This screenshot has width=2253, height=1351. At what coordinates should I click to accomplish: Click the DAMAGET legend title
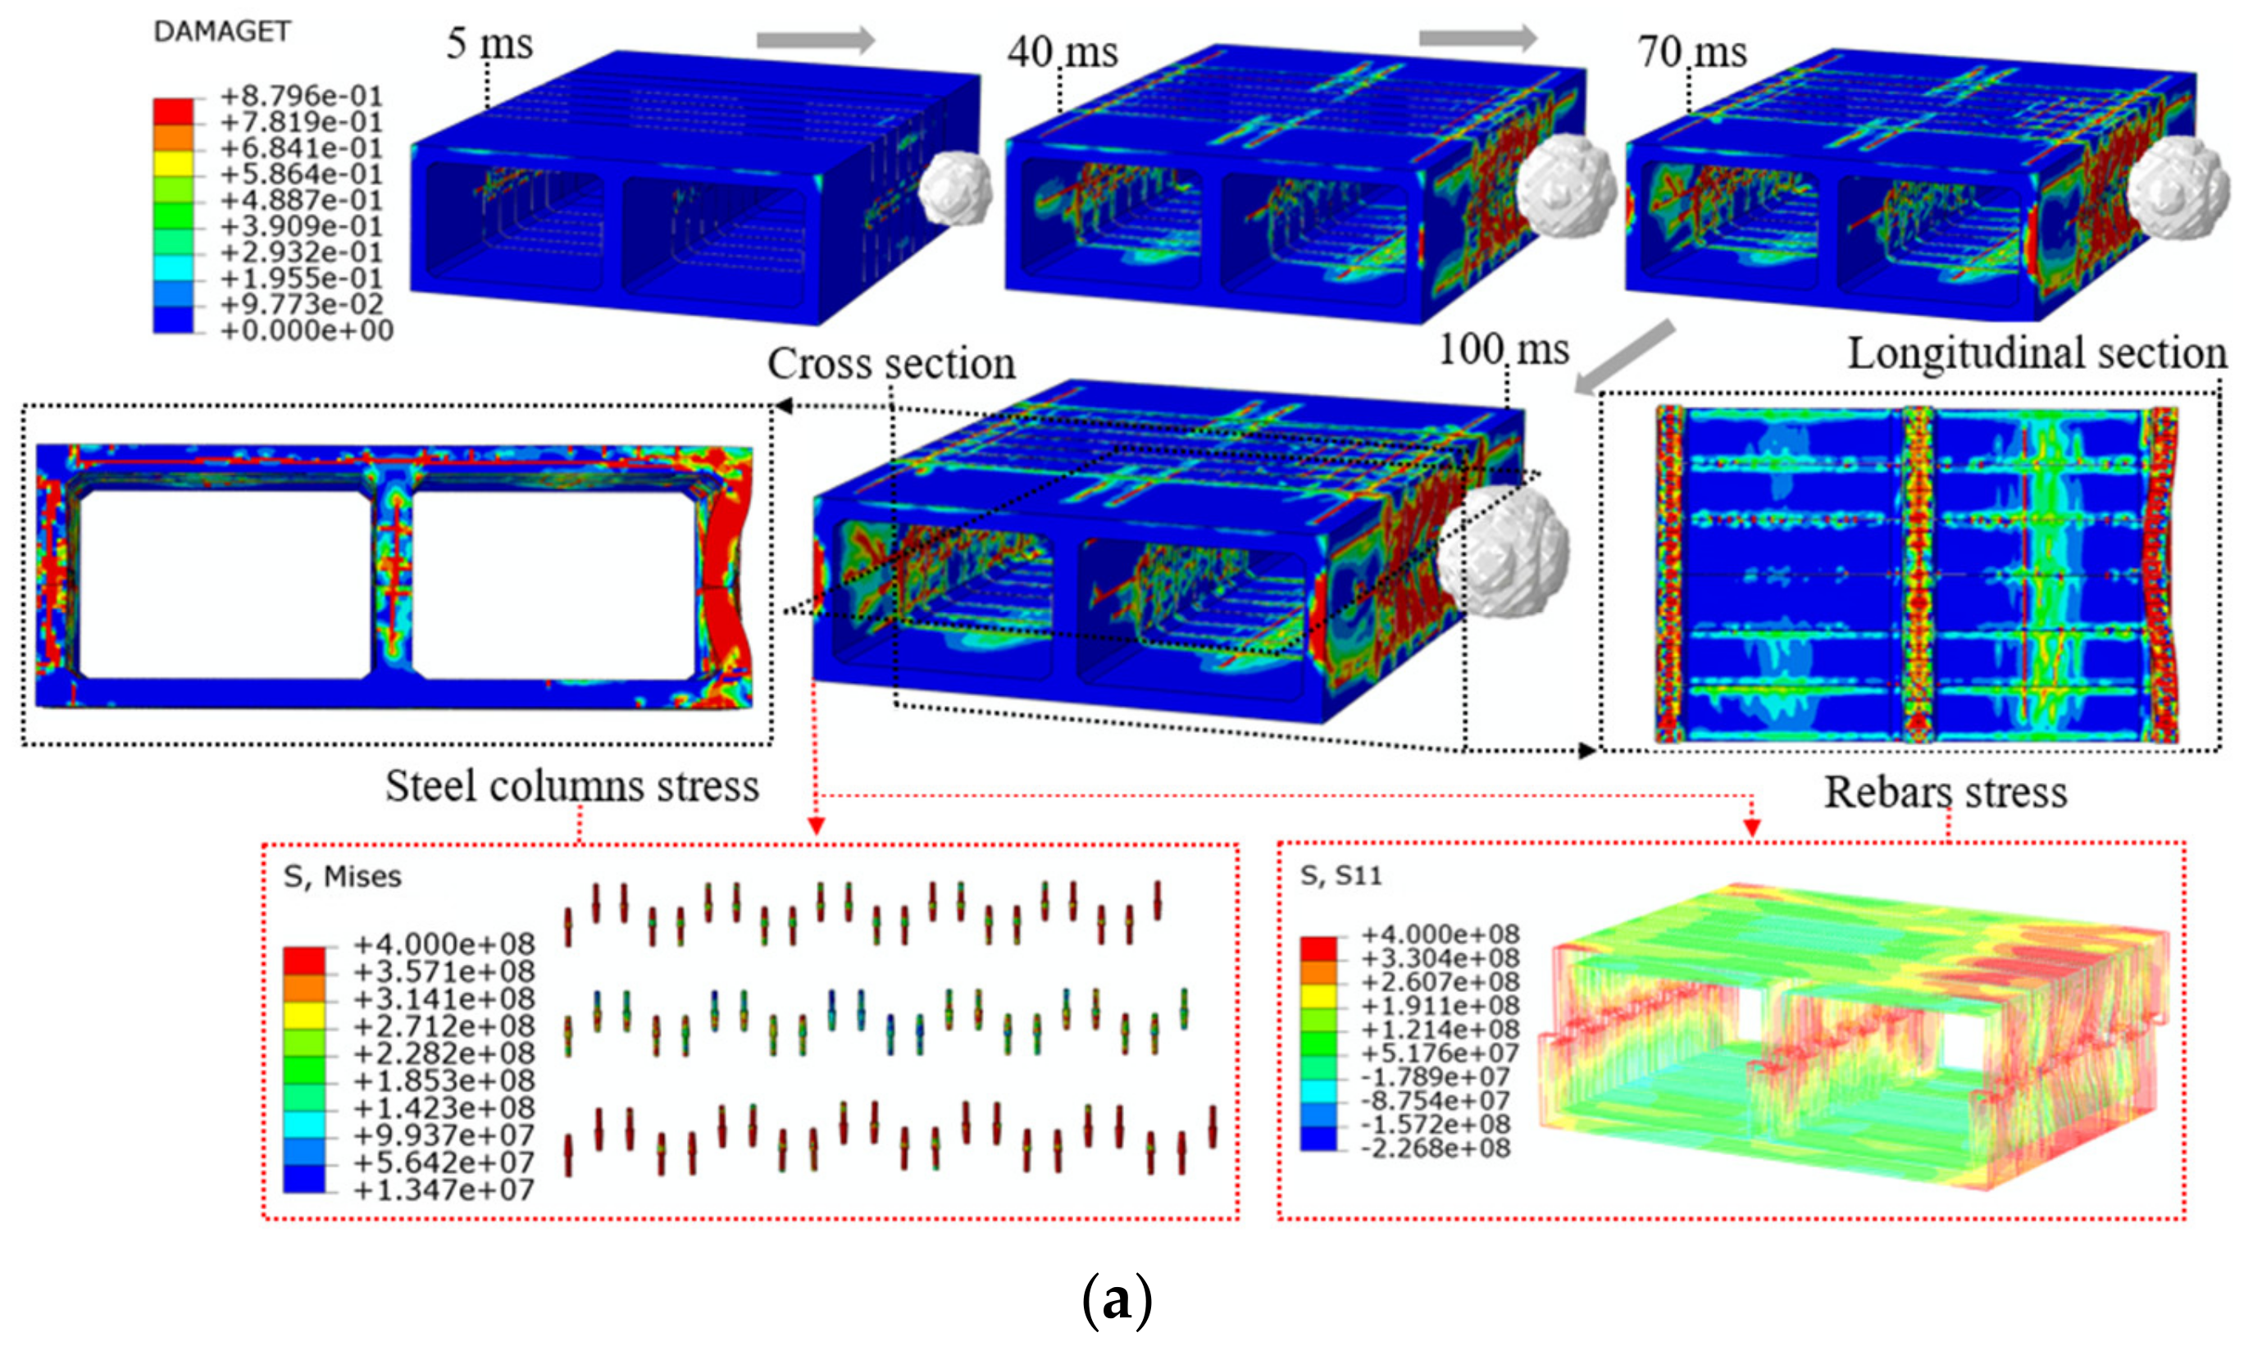tap(222, 32)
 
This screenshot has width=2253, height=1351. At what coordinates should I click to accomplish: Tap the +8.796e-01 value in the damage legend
tap(302, 96)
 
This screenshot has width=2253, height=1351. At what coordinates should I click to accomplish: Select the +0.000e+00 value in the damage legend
tap(307, 330)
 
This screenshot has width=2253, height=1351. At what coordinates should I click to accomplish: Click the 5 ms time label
tap(489, 43)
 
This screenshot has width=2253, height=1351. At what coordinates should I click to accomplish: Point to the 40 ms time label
tap(1063, 51)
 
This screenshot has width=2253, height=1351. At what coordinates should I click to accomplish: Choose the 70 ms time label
tap(1692, 51)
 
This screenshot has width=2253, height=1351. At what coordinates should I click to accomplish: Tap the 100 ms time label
tap(1504, 348)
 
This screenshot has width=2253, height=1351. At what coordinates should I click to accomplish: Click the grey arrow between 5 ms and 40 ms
tap(816, 39)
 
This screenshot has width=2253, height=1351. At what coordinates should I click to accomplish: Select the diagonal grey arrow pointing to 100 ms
tap(1624, 357)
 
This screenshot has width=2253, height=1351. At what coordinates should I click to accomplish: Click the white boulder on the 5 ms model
tap(955, 189)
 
